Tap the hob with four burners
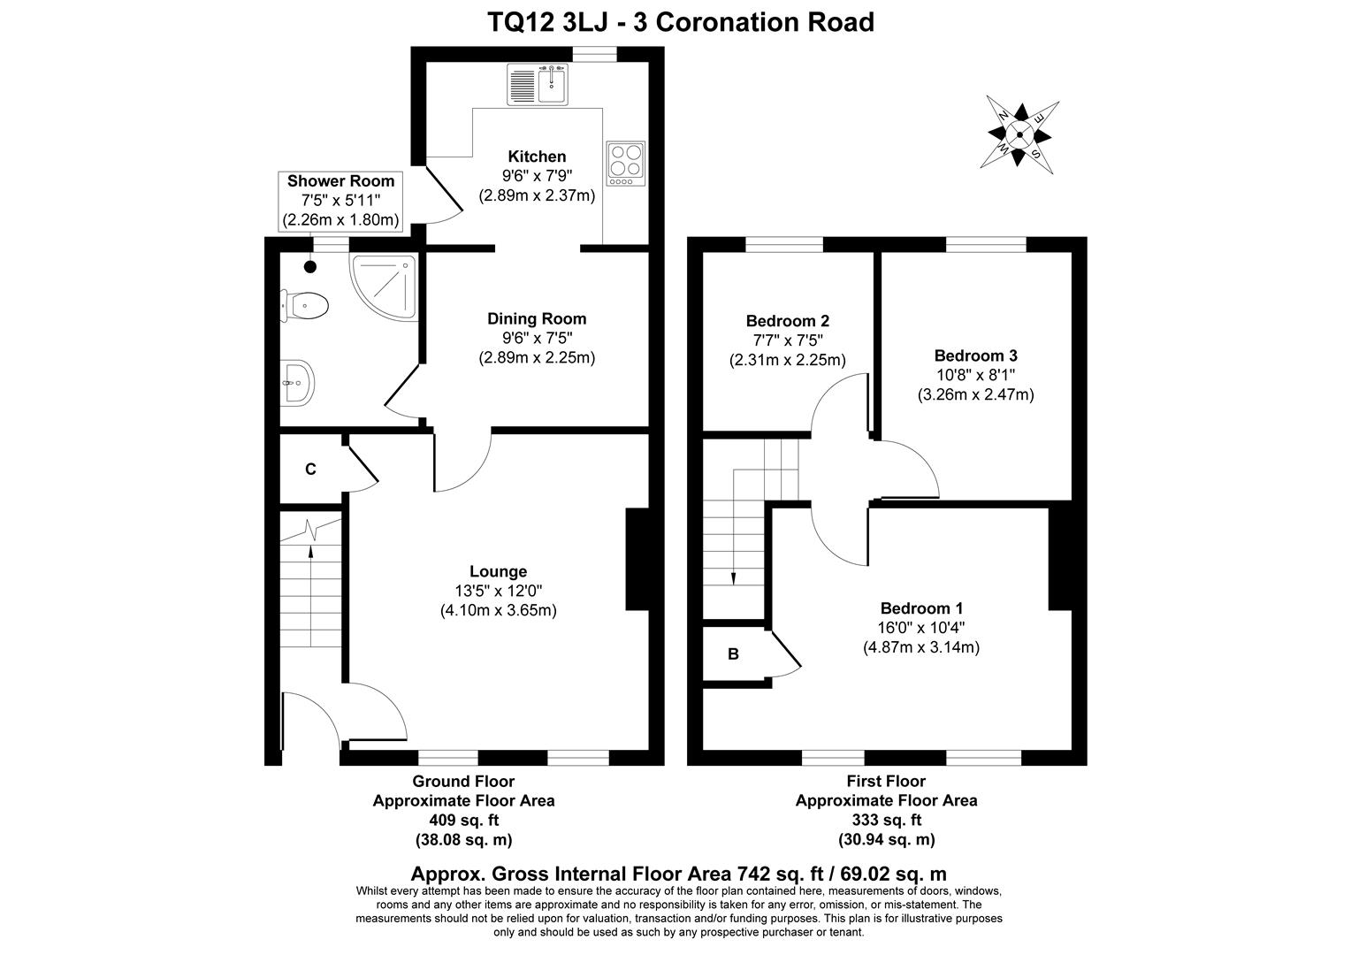(x=625, y=164)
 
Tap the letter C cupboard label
(x=310, y=470)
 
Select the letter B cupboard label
(x=733, y=654)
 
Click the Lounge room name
(x=498, y=572)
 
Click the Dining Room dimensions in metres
(x=537, y=358)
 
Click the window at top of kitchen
(x=594, y=55)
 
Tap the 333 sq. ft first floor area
(x=886, y=820)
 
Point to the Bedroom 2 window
(x=784, y=244)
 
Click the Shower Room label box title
(x=340, y=181)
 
